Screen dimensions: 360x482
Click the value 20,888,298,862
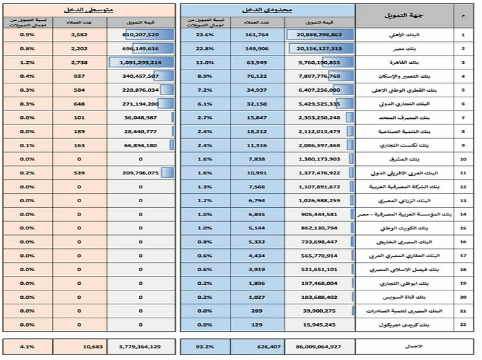[x=319, y=34]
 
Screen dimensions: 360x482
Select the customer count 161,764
[x=257, y=34]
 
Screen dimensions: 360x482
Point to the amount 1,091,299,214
[x=138, y=62]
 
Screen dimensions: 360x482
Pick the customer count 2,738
[x=78, y=62]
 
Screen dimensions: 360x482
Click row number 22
[x=463, y=325]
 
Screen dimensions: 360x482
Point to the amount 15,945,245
[x=320, y=325]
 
